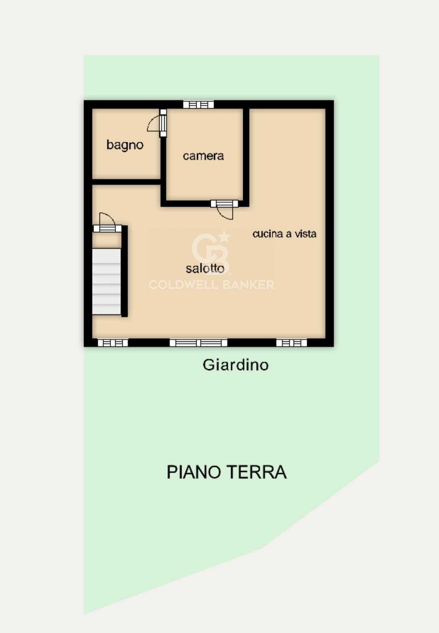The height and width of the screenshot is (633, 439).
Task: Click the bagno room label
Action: point(125,145)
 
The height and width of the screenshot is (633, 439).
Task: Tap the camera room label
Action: point(203,156)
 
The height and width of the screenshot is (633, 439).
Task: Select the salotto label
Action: point(205,269)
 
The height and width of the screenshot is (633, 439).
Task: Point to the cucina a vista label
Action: point(284,234)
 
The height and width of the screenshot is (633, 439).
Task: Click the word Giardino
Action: point(235,365)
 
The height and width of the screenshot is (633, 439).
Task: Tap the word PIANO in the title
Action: point(193,472)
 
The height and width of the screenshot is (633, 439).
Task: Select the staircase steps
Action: point(107,281)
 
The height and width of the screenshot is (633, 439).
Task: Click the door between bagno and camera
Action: point(163,123)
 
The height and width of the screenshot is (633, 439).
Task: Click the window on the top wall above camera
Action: point(198,105)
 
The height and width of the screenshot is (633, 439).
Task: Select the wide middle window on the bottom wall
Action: point(198,343)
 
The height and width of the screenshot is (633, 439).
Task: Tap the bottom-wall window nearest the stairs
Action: point(113,343)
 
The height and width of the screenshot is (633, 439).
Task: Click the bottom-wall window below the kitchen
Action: point(291,343)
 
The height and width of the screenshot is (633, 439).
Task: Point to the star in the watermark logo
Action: point(224,237)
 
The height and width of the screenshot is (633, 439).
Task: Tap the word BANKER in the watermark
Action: point(248,285)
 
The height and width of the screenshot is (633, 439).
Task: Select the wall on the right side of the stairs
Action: point(124,271)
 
